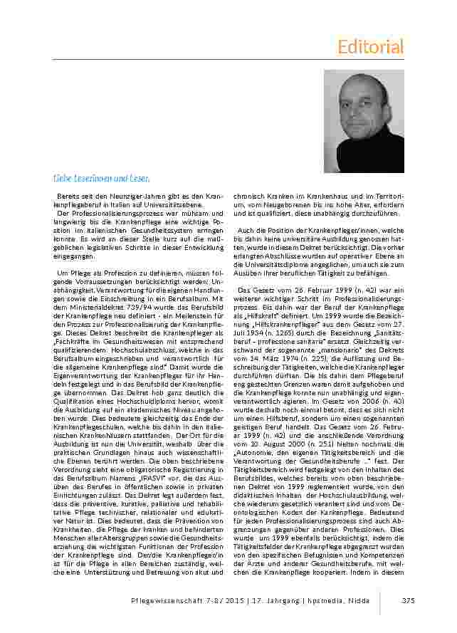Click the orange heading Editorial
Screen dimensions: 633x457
point(370,47)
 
